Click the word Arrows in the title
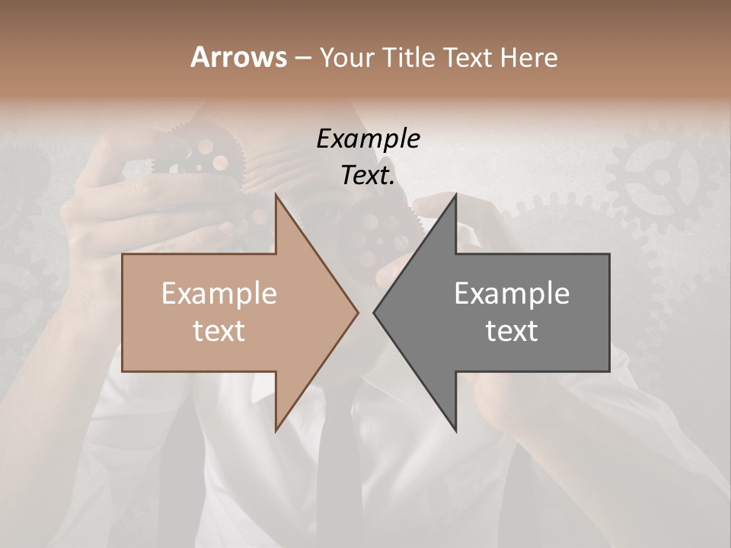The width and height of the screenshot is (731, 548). (238, 57)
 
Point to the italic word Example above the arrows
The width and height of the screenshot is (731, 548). (369, 139)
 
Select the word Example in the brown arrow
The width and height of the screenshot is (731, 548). (219, 294)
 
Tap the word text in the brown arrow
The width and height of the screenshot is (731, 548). (219, 331)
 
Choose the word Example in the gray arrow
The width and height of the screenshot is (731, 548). (512, 294)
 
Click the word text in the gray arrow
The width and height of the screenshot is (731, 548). (512, 331)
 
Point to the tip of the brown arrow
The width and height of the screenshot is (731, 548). (358, 312)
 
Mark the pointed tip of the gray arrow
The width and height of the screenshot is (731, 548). (374, 312)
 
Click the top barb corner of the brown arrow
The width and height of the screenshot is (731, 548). (276, 195)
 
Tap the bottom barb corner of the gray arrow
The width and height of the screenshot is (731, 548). (456, 431)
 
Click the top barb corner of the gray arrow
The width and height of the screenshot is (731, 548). (456, 195)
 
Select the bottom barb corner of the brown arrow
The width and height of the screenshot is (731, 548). (276, 431)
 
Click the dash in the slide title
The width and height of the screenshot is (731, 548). (302, 58)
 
